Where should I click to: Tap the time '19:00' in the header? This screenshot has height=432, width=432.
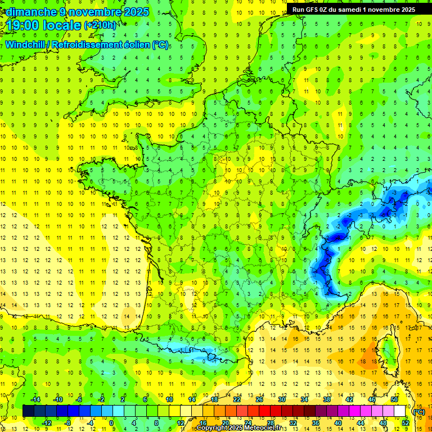point(22,25)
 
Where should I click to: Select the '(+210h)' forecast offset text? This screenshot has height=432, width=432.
point(100,25)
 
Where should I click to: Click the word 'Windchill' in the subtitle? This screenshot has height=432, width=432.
point(25,44)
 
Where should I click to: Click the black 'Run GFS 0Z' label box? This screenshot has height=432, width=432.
point(354,10)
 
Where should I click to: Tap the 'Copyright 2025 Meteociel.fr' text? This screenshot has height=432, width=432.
point(238,428)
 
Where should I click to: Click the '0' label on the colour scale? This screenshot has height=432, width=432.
point(111,422)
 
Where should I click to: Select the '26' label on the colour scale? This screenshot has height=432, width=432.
point(259,399)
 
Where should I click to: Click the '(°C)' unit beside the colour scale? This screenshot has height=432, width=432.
point(418,411)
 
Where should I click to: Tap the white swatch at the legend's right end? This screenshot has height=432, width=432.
point(400,411)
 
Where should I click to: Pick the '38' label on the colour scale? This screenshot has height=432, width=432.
point(326,399)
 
